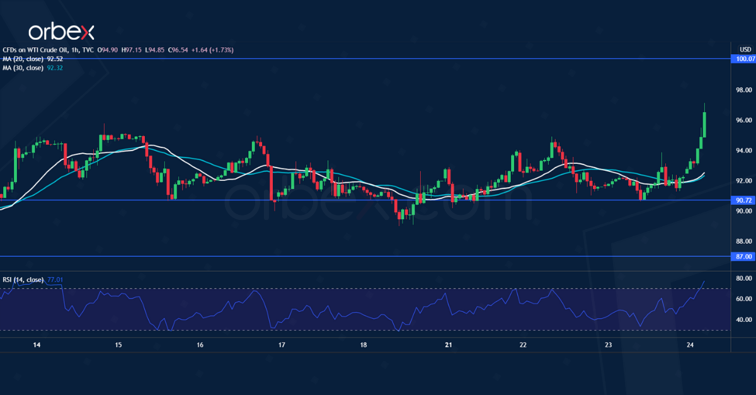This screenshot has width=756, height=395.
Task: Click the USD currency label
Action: click(x=745, y=49)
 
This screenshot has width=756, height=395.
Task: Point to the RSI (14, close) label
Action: click(x=22, y=279)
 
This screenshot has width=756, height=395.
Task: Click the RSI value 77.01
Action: click(x=55, y=279)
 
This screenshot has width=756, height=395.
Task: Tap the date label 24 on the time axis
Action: click(x=690, y=345)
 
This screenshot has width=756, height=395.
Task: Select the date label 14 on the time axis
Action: click(x=37, y=345)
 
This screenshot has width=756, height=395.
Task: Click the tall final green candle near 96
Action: click(x=704, y=123)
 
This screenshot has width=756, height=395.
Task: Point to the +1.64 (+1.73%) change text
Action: click(x=212, y=50)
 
